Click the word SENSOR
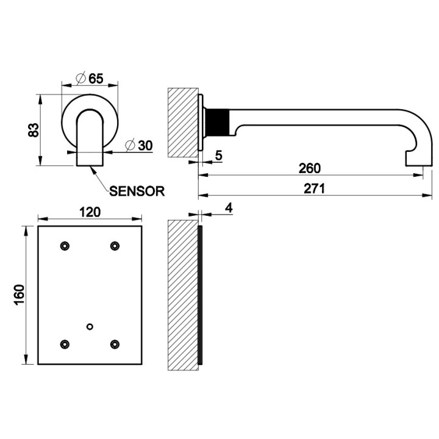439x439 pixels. click(x=137, y=190)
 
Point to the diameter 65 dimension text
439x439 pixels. click(x=89, y=78)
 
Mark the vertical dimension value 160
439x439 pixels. click(x=18, y=295)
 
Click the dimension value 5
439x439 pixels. click(x=218, y=155)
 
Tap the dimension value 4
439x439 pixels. click(x=229, y=208)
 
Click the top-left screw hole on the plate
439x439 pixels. click(x=65, y=245)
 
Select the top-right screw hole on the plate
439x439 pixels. click(x=114, y=245)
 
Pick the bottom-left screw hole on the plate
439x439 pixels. click(x=65, y=344)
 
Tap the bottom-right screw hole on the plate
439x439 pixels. click(x=114, y=344)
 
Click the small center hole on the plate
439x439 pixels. click(x=90, y=326)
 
